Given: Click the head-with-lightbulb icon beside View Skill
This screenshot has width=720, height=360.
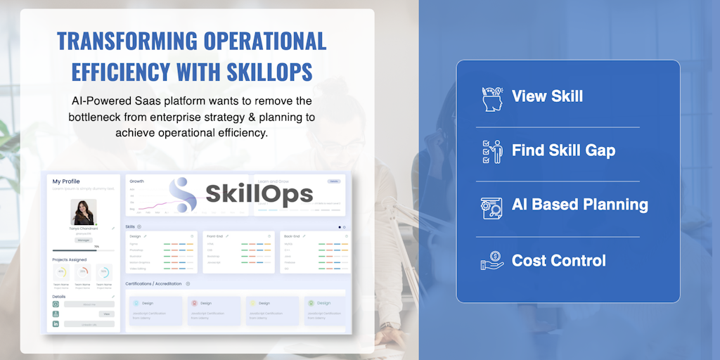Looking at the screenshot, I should [x=493, y=98].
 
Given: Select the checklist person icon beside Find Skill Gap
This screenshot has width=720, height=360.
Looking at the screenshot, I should [x=493, y=151].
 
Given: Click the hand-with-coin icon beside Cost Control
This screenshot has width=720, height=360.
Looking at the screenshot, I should [x=492, y=262].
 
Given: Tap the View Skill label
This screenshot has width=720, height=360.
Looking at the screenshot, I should [x=547, y=96].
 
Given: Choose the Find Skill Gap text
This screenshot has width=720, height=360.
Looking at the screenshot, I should [x=563, y=150].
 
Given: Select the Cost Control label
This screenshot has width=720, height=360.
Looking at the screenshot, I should [x=558, y=261].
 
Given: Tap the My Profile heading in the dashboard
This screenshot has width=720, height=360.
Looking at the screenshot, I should [x=66, y=181].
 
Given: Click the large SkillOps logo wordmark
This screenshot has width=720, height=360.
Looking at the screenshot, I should [x=259, y=193].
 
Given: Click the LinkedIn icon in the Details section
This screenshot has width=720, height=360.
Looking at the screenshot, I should [x=56, y=323].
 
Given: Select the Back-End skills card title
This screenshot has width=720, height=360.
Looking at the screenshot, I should [x=292, y=236].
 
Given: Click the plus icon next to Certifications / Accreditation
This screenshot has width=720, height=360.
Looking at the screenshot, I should [x=188, y=283].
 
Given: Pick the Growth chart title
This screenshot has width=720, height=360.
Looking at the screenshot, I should [x=136, y=181].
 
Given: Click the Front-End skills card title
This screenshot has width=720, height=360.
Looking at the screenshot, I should [x=214, y=236].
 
